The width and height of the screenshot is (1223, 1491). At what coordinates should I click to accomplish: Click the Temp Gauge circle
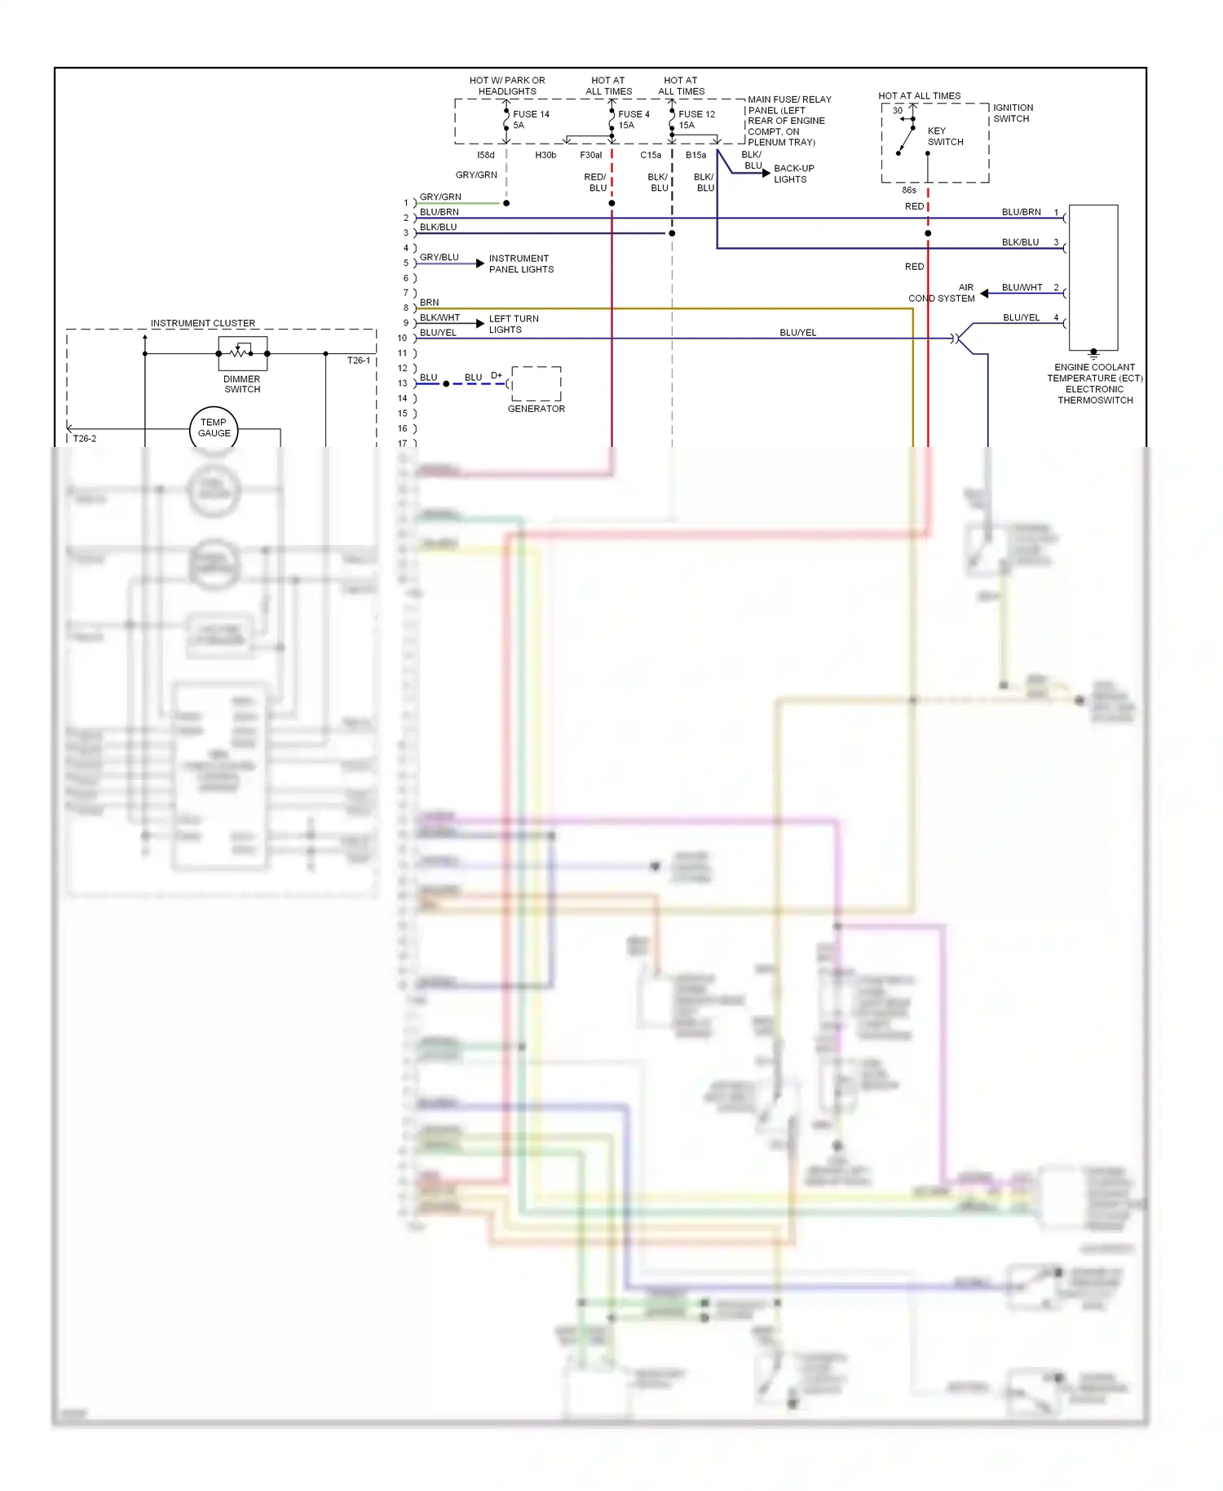coord(214,428)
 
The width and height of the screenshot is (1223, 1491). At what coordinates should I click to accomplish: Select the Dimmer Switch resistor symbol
coord(242,353)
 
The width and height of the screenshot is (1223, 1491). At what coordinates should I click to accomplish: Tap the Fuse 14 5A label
coord(531,120)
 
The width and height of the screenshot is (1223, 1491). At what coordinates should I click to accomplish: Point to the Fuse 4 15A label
coord(634,120)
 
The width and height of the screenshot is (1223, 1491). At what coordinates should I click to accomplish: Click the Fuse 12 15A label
coord(696,120)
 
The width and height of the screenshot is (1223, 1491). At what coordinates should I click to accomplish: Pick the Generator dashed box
coord(536,383)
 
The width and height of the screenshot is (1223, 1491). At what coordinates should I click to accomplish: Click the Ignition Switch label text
coord(1013,113)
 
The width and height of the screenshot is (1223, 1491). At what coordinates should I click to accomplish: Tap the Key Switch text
coord(945,136)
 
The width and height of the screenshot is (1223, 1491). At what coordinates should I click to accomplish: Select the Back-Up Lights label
coord(793,174)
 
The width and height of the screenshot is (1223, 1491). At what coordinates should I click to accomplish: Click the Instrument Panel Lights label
coord(521,263)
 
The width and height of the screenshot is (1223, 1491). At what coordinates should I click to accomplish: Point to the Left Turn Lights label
coord(514,324)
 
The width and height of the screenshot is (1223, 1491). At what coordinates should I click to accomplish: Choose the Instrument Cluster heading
coord(203,323)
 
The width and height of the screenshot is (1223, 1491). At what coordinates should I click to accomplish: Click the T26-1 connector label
coord(359,361)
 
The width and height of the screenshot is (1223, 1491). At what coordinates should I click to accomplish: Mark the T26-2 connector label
coord(85,439)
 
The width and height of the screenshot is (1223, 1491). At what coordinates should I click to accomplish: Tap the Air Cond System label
coord(943,293)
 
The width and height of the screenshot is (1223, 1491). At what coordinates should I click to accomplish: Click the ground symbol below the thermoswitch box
coord(1093,355)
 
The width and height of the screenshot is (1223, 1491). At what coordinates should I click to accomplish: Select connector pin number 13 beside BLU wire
coord(402,383)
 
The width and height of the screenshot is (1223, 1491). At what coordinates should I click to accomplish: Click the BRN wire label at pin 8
coord(429,303)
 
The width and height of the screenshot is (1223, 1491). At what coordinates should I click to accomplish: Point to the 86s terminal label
coord(909,190)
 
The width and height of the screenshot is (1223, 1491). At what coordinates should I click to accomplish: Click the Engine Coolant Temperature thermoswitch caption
coord(1094,383)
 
